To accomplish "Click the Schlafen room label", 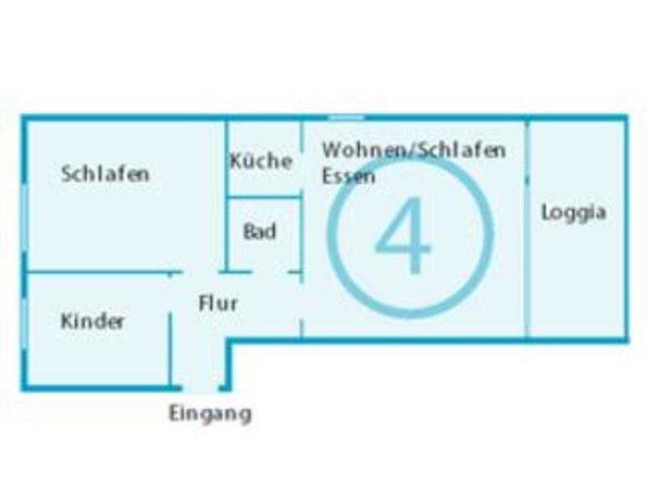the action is (105, 174).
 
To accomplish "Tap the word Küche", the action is (261, 160).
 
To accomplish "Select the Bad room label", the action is (260, 231).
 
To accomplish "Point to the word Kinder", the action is (92, 321).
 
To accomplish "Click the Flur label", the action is (218, 304).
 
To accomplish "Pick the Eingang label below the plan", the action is (210, 414).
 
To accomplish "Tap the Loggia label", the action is (573, 213).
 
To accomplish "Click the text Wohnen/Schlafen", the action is (414, 150).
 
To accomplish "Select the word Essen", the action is (349, 176).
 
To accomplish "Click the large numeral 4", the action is (402, 235).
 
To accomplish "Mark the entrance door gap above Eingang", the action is (200, 388).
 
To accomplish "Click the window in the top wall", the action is (347, 117).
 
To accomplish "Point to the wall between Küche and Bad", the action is (264, 197).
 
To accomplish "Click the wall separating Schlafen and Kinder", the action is (104, 272).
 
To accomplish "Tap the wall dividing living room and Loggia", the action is (526, 229).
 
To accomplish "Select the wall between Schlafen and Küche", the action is (226, 196).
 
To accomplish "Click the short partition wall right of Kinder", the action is (170, 350).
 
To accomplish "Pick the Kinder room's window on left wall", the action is (24, 325).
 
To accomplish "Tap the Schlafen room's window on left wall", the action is (24, 218).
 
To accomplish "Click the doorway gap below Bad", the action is (269, 272).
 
